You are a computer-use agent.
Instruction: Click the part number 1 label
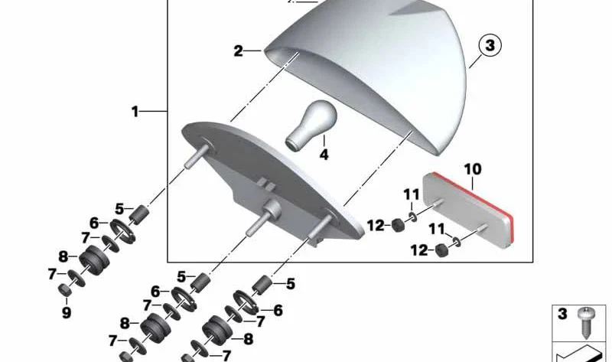point(135,112)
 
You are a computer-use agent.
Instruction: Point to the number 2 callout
point(239,51)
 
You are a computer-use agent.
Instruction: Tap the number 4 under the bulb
point(324,154)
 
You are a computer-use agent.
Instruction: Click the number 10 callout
point(472,168)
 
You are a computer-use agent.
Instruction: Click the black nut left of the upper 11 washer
point(398,226)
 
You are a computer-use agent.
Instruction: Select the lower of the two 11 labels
point(435,228)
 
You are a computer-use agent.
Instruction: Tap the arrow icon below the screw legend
point(582,351)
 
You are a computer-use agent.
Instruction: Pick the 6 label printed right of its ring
point(278,311)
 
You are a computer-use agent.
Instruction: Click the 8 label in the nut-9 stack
point(63,257)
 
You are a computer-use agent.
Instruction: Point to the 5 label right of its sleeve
point(291,285)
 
